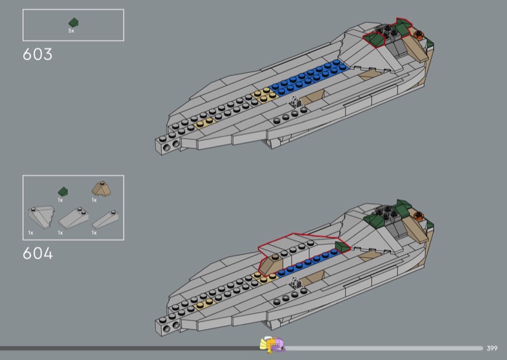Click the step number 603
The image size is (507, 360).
pyautogui.click(x=37, y=55)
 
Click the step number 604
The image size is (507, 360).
pyautogui.click(x=37, y=254)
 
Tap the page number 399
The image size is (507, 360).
pyautogui.click(x=492, y=348)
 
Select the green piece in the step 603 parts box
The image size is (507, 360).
pyautogui.click(x=73, y=22)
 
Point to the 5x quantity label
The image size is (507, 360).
pyautogui.click(x=72, y=30)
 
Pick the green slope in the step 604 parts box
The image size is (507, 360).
pyautogui.click(x=63, y=191)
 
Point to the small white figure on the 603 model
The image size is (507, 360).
pyautogui.click(x=295, y=101)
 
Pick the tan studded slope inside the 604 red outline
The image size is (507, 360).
pyautogui.click(x=274, y=262)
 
